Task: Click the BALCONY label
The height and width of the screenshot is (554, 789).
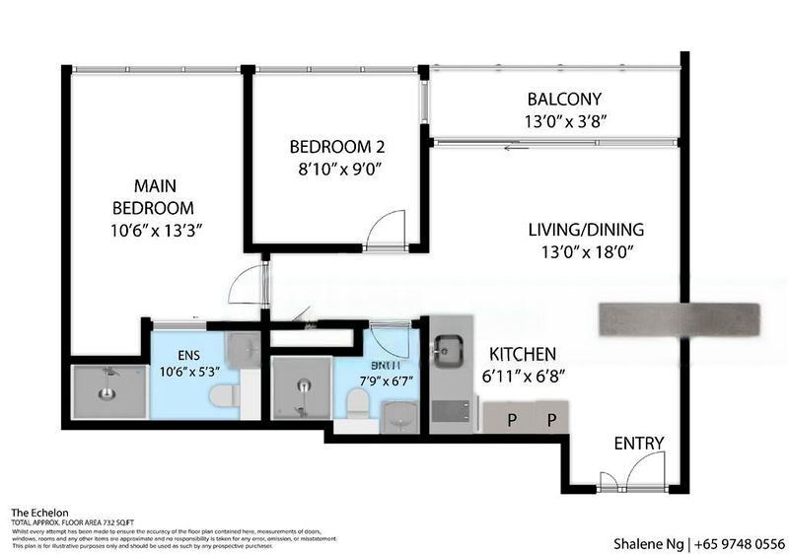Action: [x=563, y=100]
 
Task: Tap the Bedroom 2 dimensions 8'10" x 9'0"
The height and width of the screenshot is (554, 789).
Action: [x=335, y=169]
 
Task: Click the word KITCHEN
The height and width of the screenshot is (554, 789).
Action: [x=522, y=354]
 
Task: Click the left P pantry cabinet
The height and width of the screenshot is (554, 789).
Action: [x=512, y=418]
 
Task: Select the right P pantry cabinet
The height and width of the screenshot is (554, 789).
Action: [x=551, y=418]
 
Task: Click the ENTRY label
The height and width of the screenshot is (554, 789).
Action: [x=639, y=443]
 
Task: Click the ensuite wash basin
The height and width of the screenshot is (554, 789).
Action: [x=242, y=349]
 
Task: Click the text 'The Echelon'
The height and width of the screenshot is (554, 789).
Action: [x=39, y=513]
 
